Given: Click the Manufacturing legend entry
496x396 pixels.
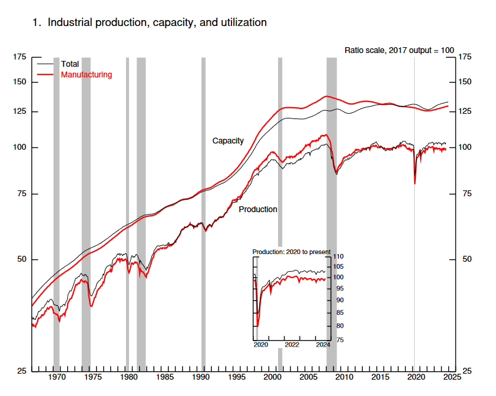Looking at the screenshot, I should pos(86,75).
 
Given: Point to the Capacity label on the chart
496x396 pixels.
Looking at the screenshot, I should pos(228,141).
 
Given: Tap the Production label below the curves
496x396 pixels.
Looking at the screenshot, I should pos(257,209).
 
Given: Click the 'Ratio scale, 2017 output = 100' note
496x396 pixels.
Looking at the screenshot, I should pos(399,50).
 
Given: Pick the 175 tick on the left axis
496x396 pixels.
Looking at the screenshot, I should pos(19,57).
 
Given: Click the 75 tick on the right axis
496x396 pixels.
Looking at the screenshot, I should pos(466,194).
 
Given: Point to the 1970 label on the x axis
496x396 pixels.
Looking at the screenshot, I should pos(57,377).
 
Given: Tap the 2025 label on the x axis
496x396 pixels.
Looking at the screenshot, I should pos(452,377).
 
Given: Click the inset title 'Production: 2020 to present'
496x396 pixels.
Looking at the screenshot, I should pos(292,252).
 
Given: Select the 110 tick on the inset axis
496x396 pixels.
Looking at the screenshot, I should pos(338,257).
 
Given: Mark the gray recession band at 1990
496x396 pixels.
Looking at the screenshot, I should pos(203,212).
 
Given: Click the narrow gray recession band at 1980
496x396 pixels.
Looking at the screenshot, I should pos(127,212).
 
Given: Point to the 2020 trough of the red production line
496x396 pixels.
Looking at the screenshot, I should pos(415,183).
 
